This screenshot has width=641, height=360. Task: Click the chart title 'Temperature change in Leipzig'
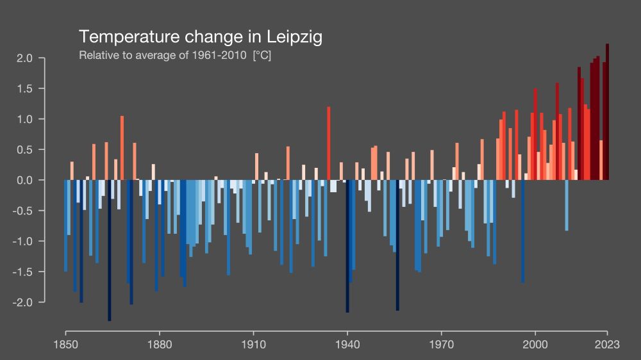point(200,37)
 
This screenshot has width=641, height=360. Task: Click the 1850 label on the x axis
point(65,344)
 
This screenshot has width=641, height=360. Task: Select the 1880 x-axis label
point(159,344)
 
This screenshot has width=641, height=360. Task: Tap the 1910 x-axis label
point(253,344)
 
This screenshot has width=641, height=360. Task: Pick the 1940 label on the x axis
point(347,344)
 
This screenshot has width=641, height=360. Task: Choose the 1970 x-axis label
point(440,344)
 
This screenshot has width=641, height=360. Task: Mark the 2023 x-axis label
point(606,344)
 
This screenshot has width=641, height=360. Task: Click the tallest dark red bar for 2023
point(607,112)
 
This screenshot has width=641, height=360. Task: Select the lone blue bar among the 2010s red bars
point(567,205)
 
